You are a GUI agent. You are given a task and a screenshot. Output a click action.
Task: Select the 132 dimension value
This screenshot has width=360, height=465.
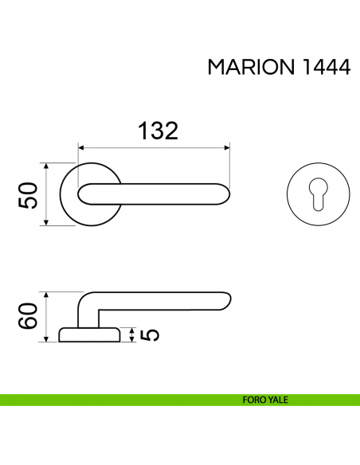click(x=158, y=131)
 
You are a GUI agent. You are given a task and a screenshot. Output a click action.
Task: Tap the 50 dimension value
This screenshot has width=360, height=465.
click(x=29, y=195)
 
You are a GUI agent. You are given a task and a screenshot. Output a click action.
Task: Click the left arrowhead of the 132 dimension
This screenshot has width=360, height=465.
click(x=81, y=147)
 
